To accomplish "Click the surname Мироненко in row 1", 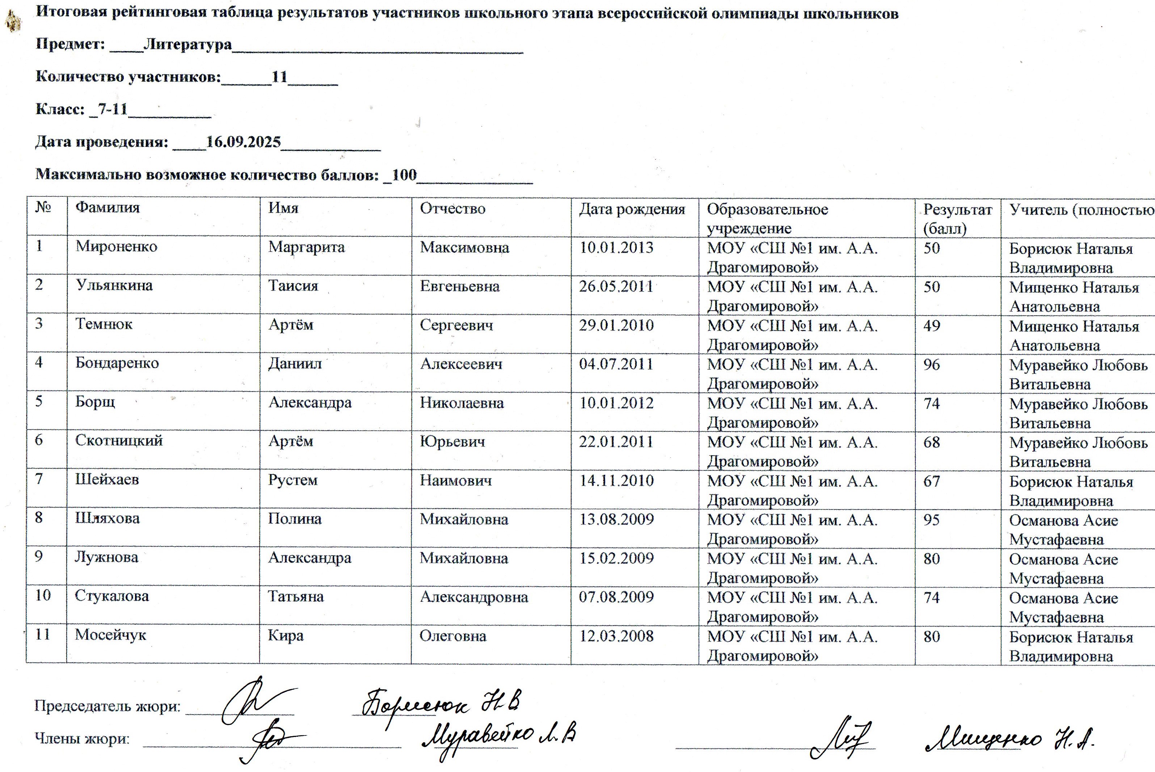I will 116,246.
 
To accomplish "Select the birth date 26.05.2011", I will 616,286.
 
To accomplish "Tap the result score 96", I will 931,365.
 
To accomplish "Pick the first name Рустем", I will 293,480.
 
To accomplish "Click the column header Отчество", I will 452,209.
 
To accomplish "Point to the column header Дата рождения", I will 632,209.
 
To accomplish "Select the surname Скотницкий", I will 119,441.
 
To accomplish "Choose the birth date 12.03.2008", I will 616,636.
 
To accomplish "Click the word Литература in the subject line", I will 187,44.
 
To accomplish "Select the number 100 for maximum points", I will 404,175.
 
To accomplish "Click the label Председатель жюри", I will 107,707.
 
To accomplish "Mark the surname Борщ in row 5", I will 95,402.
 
